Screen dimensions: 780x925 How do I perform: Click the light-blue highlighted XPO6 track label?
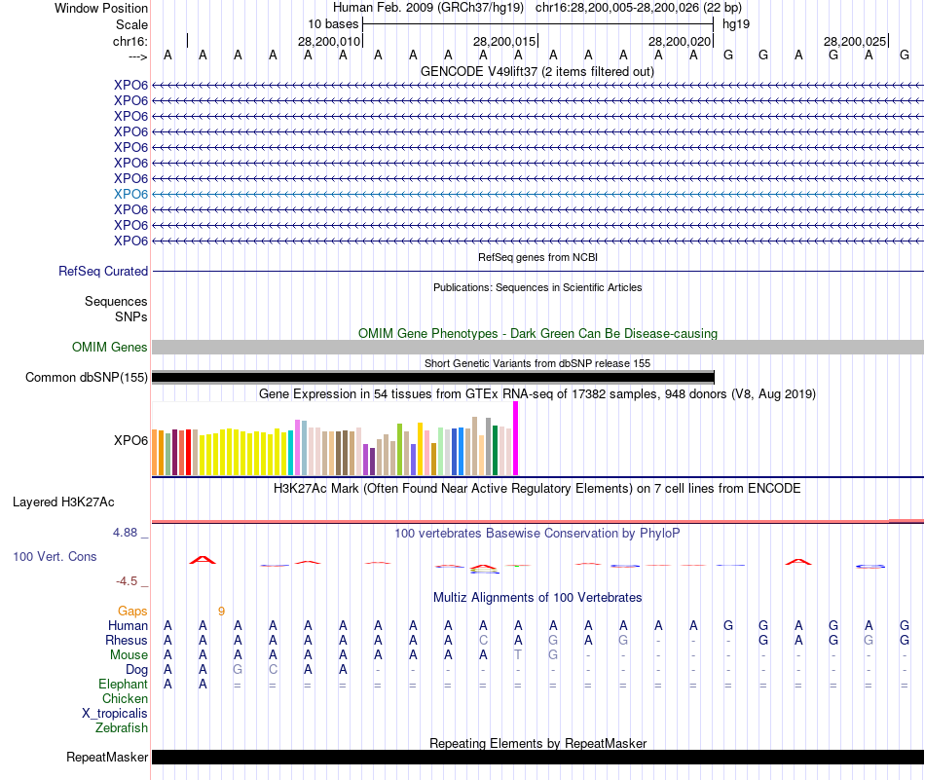click(x=130, y=194)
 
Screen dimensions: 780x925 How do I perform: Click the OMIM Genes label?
click(x=110, y=348)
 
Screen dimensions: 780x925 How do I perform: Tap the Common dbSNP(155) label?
click(x=87, y=378)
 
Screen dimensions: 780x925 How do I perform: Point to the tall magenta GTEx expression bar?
click(x=516, y=438)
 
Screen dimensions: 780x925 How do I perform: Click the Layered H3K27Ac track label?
click(x=63, y=502)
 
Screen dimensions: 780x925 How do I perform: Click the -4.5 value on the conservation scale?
click(x=129, y=581)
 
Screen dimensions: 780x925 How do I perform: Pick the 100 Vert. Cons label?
click(x=55, y=556)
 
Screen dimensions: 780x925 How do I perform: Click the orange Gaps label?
click(x=132, y=611)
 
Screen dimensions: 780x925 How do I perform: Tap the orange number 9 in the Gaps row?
click(x=221, y=612)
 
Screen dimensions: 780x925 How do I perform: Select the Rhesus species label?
click(x=127, y=641)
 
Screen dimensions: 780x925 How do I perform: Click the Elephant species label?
click(x=124, y=685)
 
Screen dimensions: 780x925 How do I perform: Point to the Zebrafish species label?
click(x=122, y=727)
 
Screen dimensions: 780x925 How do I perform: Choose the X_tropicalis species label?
click(x=115, y=713)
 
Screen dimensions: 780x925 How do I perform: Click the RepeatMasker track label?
click(x=107, y=757)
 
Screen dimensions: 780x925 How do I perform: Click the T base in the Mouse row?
click(x=518, y=655)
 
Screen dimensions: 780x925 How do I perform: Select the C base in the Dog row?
click(x=273, y=670)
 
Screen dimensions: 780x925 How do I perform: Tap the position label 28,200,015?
click(x=504, y=41)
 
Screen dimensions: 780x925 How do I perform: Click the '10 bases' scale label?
click(x=333, y=23)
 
